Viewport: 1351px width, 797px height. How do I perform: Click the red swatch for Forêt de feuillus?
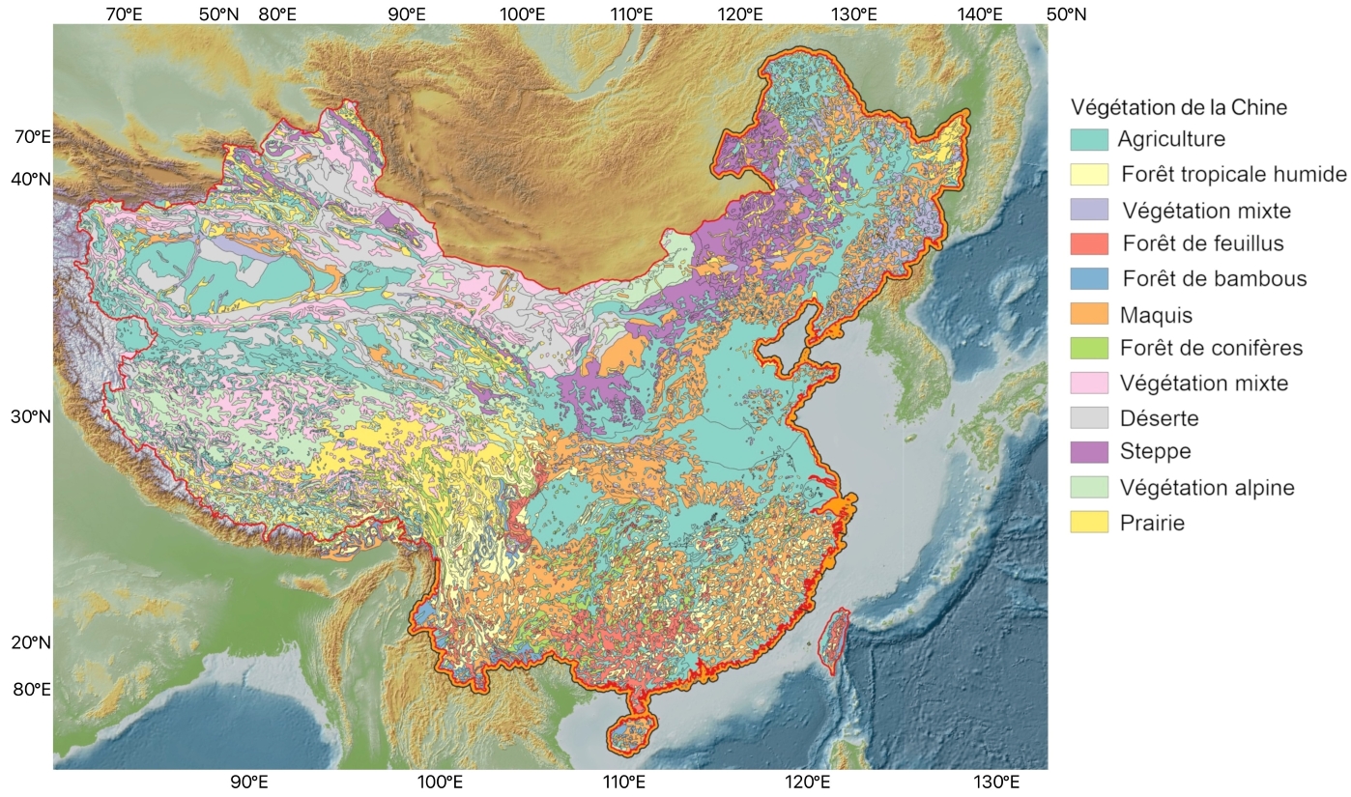click(1089, 244)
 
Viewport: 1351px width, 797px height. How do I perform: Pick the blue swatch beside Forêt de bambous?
click(1089, 279)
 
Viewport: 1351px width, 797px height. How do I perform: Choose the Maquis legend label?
click(1156, 315)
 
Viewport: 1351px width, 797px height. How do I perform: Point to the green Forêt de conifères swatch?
click(1089, 349)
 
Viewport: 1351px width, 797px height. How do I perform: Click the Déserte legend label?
click(1160, 419)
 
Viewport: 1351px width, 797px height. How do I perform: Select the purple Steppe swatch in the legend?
click(1089, 452)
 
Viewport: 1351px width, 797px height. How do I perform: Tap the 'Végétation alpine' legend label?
click(1207, 488)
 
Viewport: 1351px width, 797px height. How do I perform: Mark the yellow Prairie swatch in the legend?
click(1089, 523)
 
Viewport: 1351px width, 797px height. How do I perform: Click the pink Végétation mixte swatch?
click(1089, 384)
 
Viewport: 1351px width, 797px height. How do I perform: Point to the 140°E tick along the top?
click(980, 14)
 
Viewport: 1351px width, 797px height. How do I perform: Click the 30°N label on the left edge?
click(31, 417)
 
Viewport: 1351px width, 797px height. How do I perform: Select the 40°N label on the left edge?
click(31, 179)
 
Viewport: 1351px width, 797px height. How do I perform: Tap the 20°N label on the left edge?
click(31, 643)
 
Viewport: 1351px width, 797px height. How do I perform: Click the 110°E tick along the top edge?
click(631, 14)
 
